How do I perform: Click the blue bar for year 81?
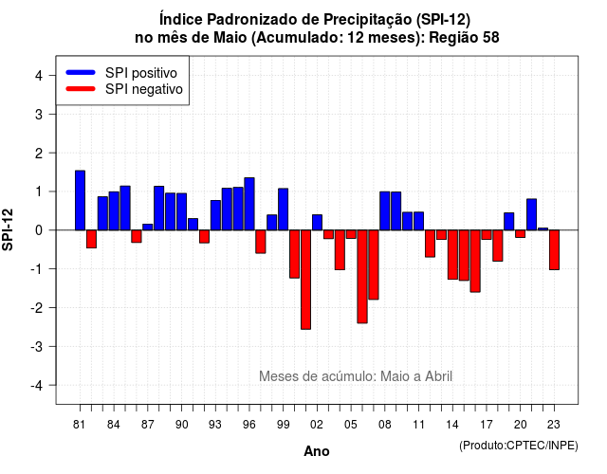coord(80,200)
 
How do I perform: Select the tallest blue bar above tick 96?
coord(249,204)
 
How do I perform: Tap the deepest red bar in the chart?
coord(305,280)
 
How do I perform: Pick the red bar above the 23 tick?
coord(554,249)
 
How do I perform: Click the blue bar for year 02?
coord(317,223)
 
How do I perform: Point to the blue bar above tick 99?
coord(284,210)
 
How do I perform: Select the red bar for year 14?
coord(452,255)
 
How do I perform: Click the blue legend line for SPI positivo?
coord(81,72)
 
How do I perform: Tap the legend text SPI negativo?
coord(143,89)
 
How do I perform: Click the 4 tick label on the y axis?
coord(39,76)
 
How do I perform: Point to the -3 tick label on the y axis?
coord(37,347)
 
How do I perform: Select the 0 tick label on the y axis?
coord(39,230)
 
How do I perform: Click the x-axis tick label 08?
coord(385,425)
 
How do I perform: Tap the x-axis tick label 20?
coord(521,425)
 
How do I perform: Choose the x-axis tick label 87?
coord(148,425)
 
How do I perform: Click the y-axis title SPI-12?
coord(8,229)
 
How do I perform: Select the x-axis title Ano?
coord(317,451)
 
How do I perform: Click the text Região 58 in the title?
coord(464,38)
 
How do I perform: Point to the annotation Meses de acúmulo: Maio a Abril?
coord(356,376)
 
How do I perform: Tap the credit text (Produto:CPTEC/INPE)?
coord(519,446)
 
